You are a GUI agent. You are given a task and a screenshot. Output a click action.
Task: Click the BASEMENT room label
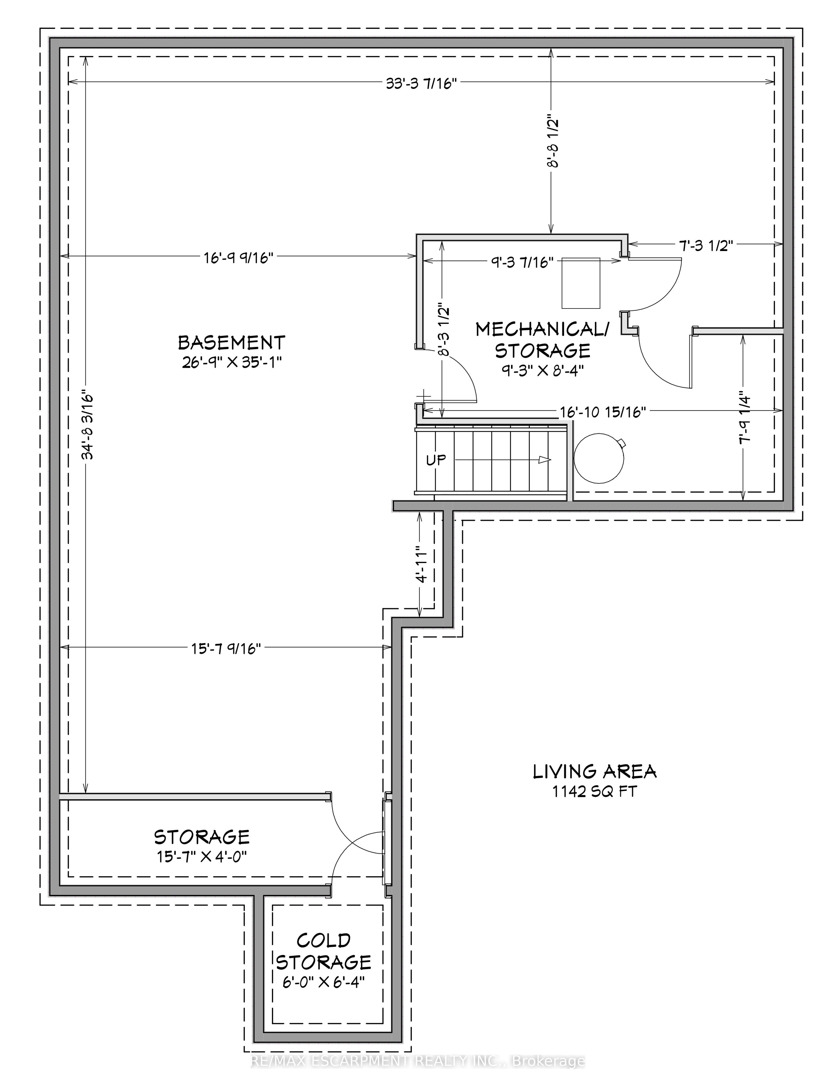click(231, 343)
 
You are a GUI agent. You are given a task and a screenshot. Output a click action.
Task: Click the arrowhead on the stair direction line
click(545, 460)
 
